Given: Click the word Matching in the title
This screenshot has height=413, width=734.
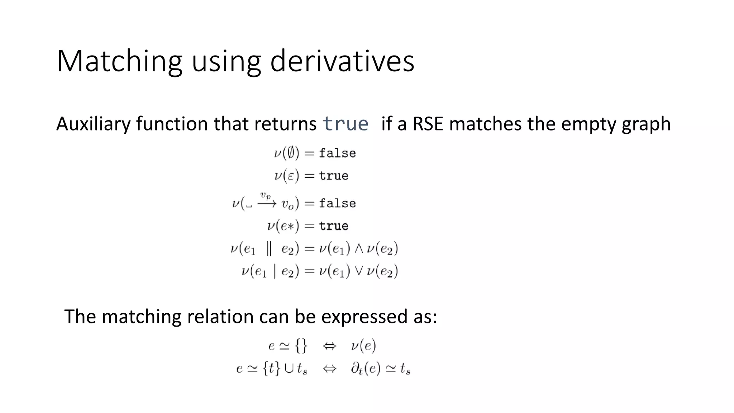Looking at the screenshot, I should [x=119, y=61].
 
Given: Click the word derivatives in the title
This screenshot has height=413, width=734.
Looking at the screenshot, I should [x=342, y=61].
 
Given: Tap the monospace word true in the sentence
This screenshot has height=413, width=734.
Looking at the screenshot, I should [x=345, y=124].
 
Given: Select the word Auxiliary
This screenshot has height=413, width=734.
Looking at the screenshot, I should [x=94, y=124].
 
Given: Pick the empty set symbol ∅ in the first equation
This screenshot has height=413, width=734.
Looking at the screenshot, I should [x=291, y=153].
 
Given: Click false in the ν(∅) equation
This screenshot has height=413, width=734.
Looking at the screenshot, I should [x=337, y=153].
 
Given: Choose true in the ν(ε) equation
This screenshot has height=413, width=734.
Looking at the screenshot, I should [x=334, y=176].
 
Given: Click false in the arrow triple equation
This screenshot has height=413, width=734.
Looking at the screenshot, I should [x=337, y=204].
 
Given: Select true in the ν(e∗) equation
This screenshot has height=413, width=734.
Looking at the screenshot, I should [x=334, y=226].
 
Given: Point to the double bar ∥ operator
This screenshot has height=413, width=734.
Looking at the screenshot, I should [x=269, y=249].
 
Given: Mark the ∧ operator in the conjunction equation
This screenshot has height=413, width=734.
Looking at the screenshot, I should [x=359, y=249].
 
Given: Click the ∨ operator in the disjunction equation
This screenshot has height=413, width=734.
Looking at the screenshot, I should [x=359, y=271].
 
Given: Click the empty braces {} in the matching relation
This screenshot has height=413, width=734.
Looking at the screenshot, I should [x=301, y=346].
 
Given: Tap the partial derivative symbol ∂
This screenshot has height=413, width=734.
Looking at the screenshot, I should [x=356, y=368].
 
